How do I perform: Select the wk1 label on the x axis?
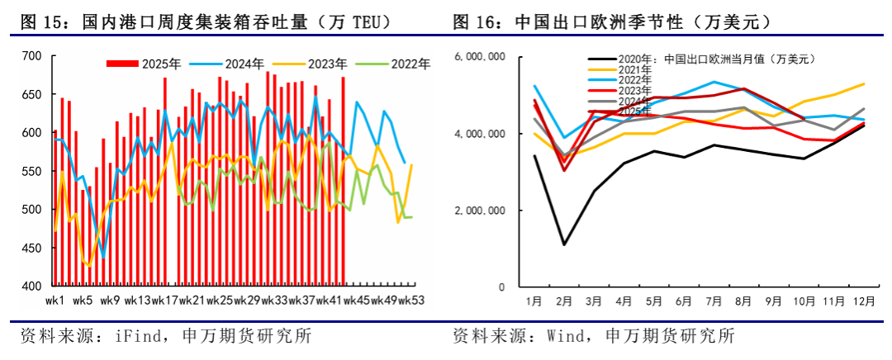(x=56, y=300)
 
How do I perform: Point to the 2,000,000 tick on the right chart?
(x=481, y=211)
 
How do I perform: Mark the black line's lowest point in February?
(x=565, y=244)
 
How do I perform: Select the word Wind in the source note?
(x=557, y=337)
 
